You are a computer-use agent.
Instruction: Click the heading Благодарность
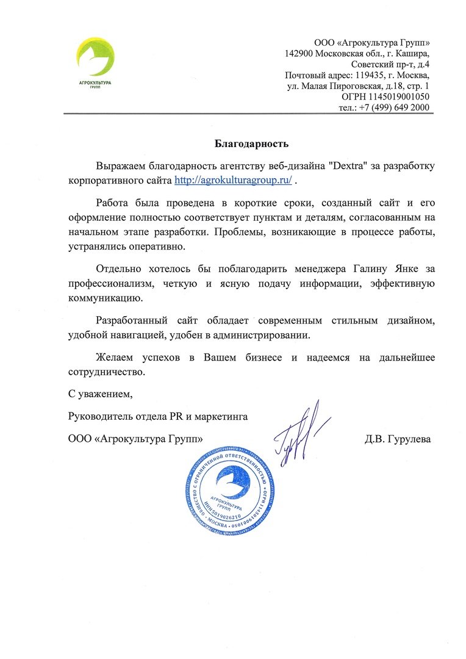251,144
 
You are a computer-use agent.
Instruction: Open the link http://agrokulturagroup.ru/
234,181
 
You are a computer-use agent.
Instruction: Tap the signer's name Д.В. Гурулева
398,439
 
